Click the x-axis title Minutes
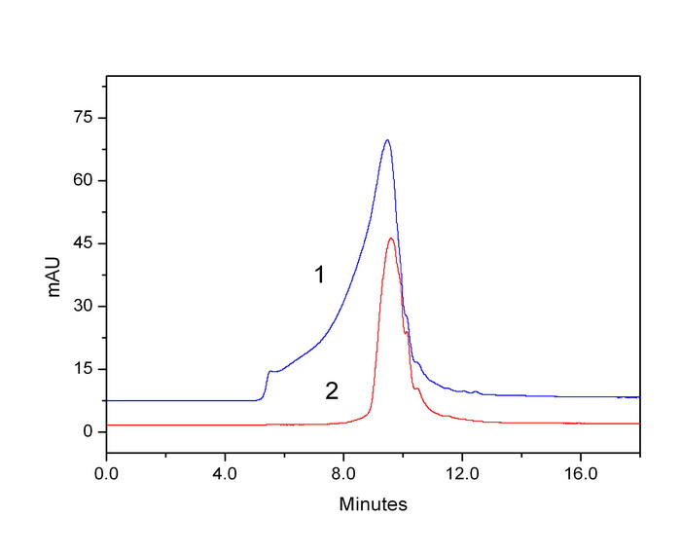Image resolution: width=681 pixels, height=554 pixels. (373, 504)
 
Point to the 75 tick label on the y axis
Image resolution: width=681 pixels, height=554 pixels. (84, 118)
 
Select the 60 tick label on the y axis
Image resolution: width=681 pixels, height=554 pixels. (84, 181)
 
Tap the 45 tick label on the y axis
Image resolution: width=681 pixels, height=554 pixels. (84, 243)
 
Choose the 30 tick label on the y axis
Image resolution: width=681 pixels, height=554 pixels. (84, 307)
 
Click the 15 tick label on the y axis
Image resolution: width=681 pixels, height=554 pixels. (84, 369)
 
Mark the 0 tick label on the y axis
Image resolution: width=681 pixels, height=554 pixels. (89, 431)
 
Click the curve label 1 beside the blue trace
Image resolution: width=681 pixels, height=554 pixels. (318, 276)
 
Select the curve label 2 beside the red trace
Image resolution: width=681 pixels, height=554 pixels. (332, 391)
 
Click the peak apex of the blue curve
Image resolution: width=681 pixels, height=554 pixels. (387, 140)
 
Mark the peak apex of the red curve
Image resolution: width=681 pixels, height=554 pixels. (391, 239)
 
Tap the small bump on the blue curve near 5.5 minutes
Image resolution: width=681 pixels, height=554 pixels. (270, 371)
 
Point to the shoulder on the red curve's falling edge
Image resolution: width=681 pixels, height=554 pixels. (417, 388)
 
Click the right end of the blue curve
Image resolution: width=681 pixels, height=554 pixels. (638, 397)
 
